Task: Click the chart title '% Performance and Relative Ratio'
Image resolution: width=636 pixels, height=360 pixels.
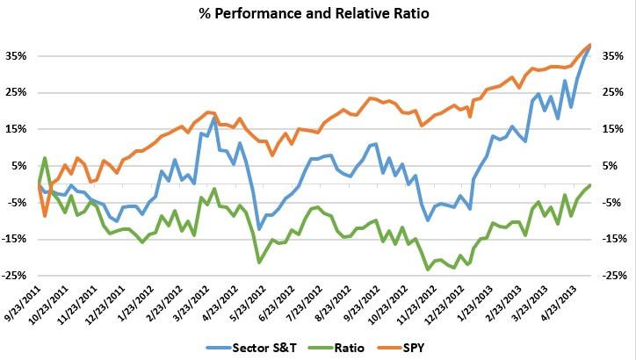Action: (x=317, y=16)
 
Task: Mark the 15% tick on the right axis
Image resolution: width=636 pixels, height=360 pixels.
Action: (x=613, y=129)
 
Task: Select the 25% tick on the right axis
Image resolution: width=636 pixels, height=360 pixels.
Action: (x=613, y=92)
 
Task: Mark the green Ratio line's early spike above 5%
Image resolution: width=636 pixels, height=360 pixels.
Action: (x=45, y=158)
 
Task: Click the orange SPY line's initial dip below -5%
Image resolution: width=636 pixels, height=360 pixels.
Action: (x=45, y=215)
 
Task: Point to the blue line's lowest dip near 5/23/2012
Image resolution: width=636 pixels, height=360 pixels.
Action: (x=259, y=229)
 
